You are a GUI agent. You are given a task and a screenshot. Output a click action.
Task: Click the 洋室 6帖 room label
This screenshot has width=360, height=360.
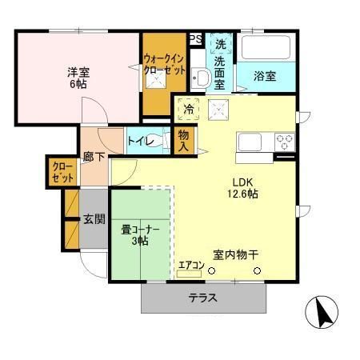tap(78, 78)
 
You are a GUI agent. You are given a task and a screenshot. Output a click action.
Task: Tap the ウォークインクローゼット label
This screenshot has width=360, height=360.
tap(165, 64)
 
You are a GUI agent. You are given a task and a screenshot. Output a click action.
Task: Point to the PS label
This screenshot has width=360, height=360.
tap(194, 38)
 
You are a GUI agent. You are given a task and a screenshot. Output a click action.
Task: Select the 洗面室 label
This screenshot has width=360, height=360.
tap(220, 64)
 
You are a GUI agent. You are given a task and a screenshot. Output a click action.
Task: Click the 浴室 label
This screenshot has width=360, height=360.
tap(265, 77)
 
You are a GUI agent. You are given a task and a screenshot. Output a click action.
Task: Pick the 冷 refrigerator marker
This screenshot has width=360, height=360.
tap(189, 108)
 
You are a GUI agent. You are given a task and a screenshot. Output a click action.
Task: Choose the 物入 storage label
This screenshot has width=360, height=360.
tap(184, 141)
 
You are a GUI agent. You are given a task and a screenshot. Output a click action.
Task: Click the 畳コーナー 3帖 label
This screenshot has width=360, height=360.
tap(141, 234)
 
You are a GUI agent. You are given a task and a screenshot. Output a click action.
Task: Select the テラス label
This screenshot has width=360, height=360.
tap(203, 298)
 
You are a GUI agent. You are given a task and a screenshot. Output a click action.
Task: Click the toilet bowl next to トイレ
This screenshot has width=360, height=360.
tap(164, 142)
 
